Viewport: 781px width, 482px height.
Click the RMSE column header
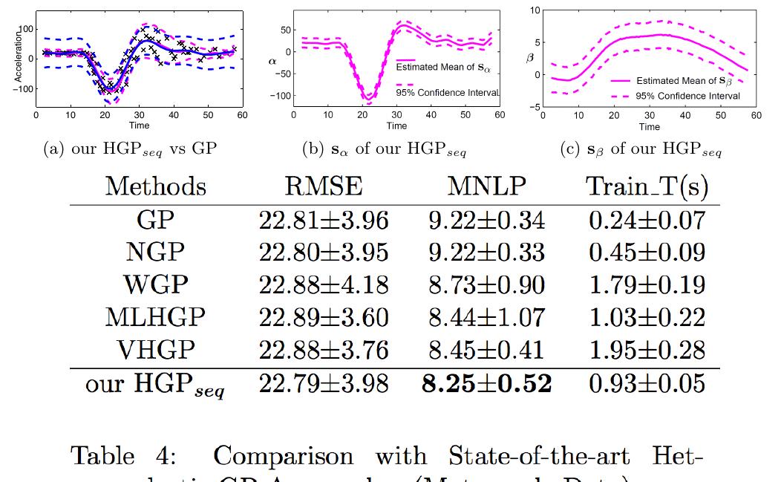pos(324,186)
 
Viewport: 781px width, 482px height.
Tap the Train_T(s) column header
pos(647,186)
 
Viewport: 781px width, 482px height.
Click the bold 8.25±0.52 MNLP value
pos(486,383)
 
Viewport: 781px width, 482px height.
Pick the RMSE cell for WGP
pos(324,284)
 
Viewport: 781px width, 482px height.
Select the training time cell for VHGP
pos(647,350)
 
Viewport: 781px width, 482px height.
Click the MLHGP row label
pos(155,317)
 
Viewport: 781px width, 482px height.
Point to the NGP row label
pos(155,252)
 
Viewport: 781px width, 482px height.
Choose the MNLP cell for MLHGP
pos(486,317)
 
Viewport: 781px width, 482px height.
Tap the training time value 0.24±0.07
pos(647,220)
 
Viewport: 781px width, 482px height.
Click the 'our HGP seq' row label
pos(155,385)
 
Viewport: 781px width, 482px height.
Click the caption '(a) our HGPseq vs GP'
pos(130,149)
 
